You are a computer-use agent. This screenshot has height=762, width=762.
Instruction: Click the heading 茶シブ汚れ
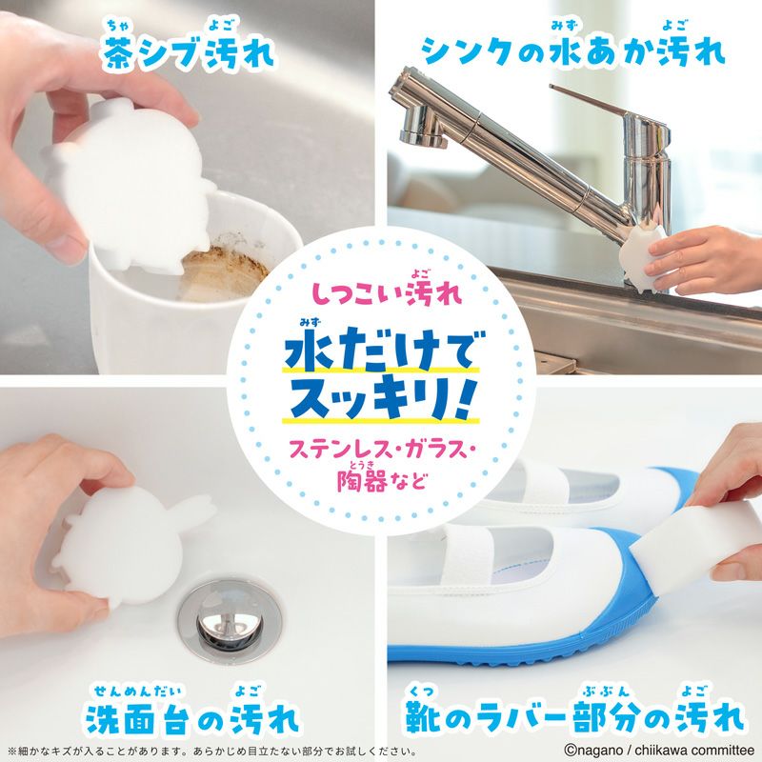click(190, 53)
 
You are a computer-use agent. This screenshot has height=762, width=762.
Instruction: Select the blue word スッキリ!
click(382, 398)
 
